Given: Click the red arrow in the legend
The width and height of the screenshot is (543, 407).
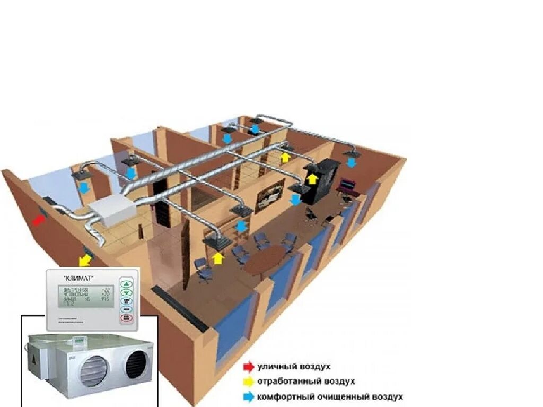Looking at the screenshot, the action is pos(248,367).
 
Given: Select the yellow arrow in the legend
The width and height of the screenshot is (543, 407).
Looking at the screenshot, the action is pos(248,382).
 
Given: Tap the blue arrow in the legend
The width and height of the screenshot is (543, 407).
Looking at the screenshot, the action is pos(248,396).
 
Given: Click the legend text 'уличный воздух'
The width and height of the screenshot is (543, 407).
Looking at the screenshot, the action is pos(294,367).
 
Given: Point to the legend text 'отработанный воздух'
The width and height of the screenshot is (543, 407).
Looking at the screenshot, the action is pos(306,382).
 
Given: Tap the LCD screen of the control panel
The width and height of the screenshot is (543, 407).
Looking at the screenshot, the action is pos(86,297).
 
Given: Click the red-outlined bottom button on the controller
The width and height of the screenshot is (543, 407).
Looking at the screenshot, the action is pos(127,318).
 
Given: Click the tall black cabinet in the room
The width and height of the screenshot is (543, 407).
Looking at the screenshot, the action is pos(323,180).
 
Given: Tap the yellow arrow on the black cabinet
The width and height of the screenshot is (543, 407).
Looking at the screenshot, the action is pos(313,179).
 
